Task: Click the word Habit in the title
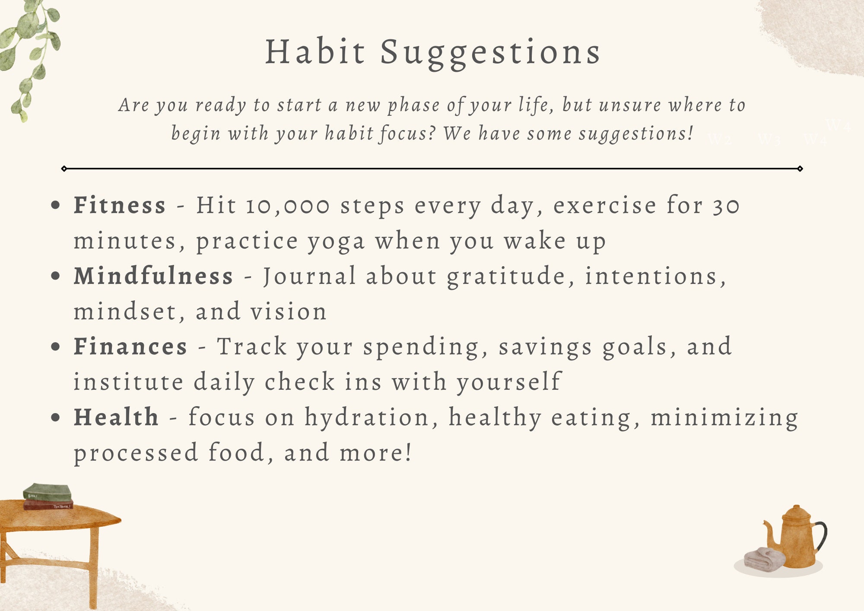tap(315, 52)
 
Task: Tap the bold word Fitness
tap(120, 205)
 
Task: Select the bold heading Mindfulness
tap(153, 276)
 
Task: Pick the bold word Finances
tap(130, 347)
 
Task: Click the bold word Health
tap(116, 417)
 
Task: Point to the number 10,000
tap(287, 206)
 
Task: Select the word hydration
tap(367, 418)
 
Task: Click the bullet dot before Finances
tap(55, 347)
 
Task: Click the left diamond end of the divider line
tap(64, 169)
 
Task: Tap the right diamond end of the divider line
tap(800, 169)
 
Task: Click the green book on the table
tap(48, 492)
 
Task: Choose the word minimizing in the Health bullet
tap(724, 418)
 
